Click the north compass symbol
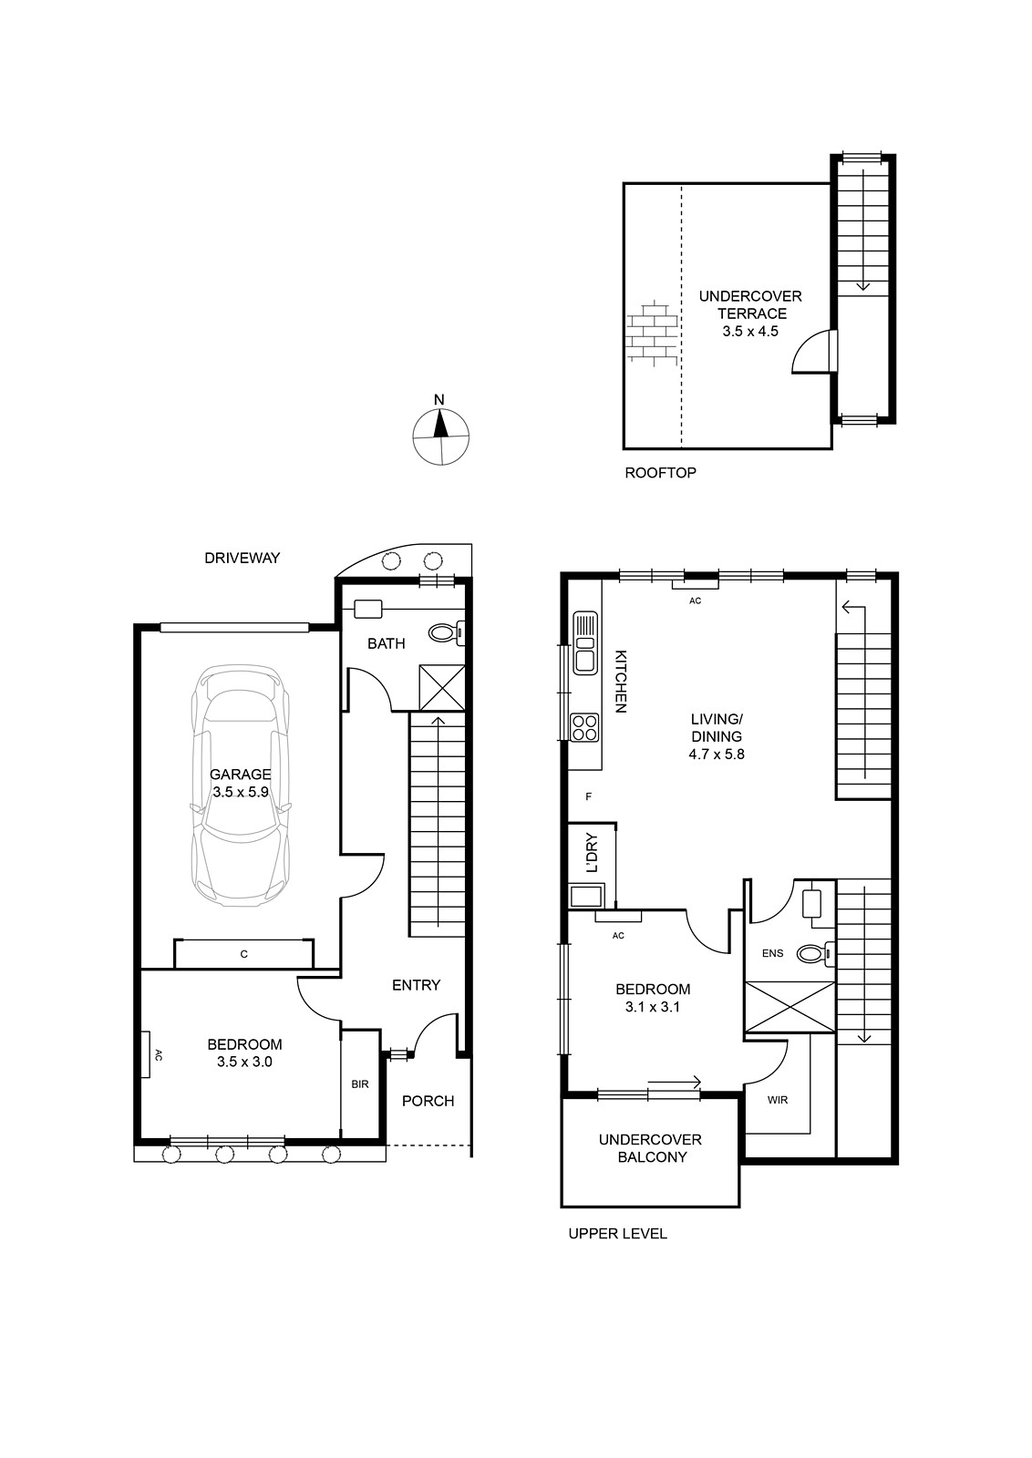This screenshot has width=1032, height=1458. point(441,437)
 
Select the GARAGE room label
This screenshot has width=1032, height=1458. point(241,774)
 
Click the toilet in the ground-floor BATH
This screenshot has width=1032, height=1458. point(447,632)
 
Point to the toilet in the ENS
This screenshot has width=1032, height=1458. point(815,954)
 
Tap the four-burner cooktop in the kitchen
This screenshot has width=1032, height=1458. point(584,727)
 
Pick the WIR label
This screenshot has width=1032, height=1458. point(778,1100)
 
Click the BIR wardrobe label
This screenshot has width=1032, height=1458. point(360,1084)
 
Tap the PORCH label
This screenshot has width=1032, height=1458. point(428,1102)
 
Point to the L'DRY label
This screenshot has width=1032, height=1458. point(592,853)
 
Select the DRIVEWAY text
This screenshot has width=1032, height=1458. point(243,558)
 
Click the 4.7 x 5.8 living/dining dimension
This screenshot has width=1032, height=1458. point(717,755)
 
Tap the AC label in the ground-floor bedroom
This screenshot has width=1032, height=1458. point(159,1054)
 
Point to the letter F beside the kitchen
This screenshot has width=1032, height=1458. point(589,796)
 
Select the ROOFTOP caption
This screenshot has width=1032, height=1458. point(660,473)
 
